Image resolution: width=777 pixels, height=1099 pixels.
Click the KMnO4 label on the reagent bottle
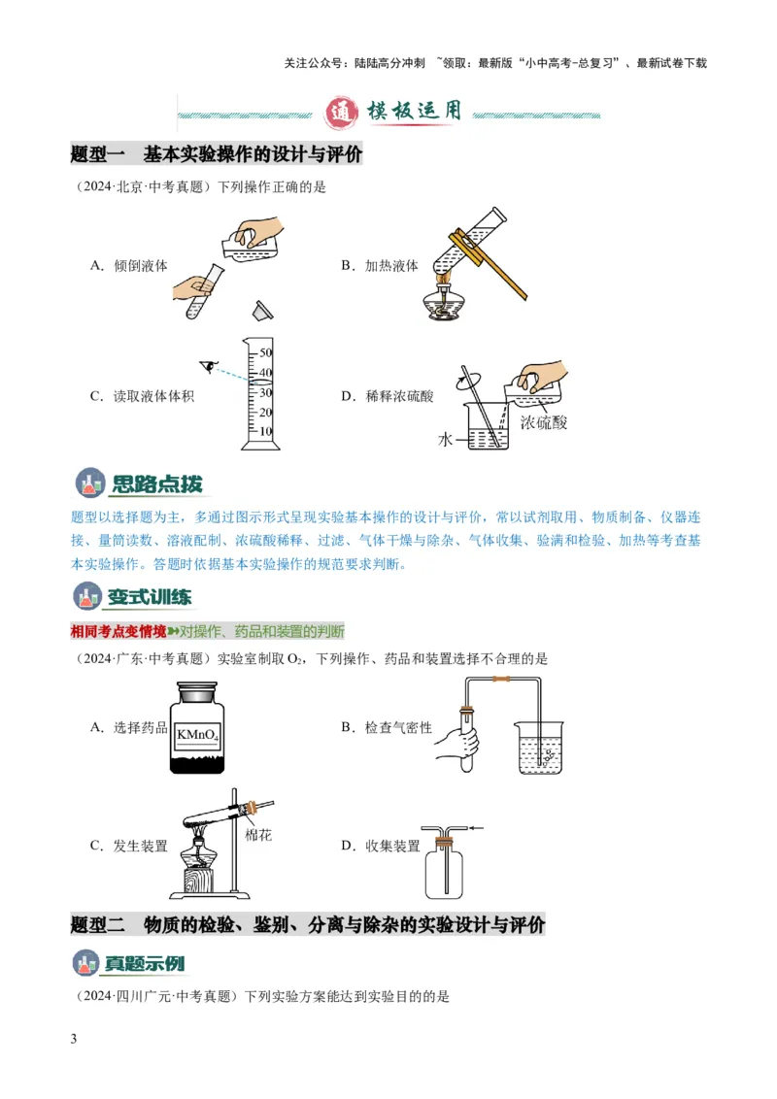pos(198,735)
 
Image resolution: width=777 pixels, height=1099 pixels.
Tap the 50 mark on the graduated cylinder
pos(265,352)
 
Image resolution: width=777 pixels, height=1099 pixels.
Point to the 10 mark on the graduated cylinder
pos(265,431)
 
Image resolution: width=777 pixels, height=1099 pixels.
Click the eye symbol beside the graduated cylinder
pos(206,365)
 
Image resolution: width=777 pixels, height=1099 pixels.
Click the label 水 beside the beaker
pos(445,439)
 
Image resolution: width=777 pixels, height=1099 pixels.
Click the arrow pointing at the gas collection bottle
pos(476,828)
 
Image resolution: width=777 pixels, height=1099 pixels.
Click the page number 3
pos(75,1040)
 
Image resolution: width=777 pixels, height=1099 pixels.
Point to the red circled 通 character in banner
pos(340,113)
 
